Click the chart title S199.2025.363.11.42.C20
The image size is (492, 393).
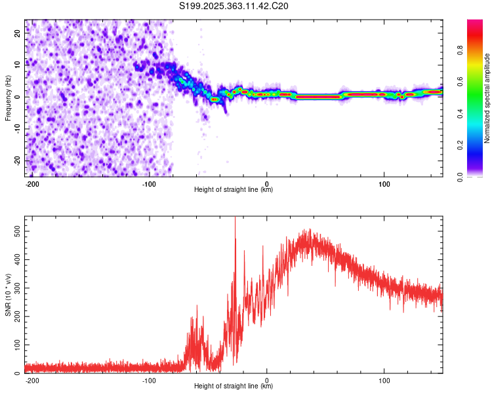point(234,6)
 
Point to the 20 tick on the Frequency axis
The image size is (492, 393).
point(18,33)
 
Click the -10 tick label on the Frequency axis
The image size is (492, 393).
point(18,128)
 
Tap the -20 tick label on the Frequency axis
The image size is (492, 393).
point(18,160)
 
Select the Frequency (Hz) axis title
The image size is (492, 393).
point(8,98)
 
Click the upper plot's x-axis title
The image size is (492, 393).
point(234,189)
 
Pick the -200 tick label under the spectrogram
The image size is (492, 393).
point(32,184)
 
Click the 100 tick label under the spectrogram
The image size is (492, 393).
point(384,184)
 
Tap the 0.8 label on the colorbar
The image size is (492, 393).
point(460,50)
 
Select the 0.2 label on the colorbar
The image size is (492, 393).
point(460,145)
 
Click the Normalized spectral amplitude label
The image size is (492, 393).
point(487,98)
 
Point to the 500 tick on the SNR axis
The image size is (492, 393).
point(18,231)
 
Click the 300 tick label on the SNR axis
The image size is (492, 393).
point(18,288)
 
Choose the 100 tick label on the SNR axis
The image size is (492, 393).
point(18,345)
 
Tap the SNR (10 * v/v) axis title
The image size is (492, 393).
point(8,295)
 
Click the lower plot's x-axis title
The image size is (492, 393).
point(234,386)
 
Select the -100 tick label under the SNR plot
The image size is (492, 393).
point(149,381)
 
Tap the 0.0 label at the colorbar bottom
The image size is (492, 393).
point(460,177)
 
